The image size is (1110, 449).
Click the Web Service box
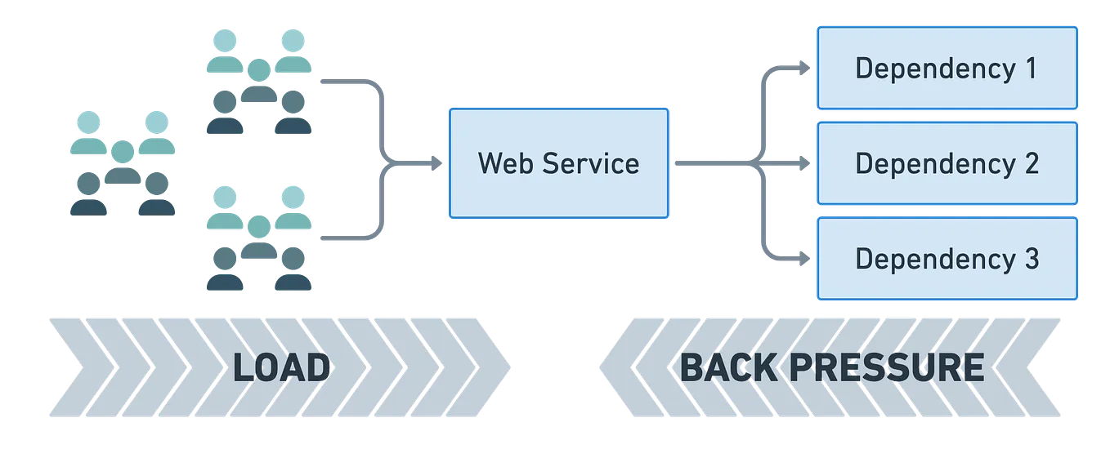558,163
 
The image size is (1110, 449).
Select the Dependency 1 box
947,68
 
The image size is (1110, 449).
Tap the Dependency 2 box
947,163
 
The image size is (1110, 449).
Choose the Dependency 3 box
947,259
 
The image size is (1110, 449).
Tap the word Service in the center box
589,163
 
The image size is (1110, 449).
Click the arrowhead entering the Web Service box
439,164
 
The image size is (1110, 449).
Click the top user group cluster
258,82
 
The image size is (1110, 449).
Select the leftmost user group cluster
122,163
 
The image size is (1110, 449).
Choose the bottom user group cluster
258,238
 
